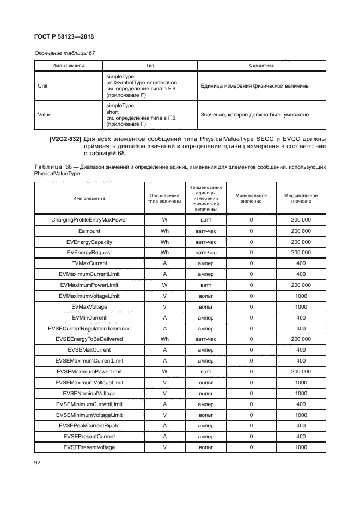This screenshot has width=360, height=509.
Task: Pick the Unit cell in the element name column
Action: pos(42,86)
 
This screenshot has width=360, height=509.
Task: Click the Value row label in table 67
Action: pos(44,115)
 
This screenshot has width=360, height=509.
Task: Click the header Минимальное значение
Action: pos(251,198)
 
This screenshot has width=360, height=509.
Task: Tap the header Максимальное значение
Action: pos(301,198)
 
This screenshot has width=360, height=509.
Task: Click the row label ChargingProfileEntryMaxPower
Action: pos(89,220)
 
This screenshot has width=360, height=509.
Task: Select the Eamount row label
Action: pos(89,231)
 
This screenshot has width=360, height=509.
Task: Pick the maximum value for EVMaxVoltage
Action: pos(301,306)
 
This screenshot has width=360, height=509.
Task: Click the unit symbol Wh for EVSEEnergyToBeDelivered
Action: pos(164,339)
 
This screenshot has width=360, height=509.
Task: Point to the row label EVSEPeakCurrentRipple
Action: pos(89,426)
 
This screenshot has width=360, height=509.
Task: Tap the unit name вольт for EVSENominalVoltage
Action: pos(206,393)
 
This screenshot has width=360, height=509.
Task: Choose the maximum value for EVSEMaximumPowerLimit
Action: pos(301,371)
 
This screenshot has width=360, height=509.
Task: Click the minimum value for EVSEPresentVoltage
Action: pos(251,447)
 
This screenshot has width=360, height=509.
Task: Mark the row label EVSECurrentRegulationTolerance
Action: pos(89,328)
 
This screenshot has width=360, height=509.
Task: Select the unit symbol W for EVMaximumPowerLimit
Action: pos(164,285)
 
